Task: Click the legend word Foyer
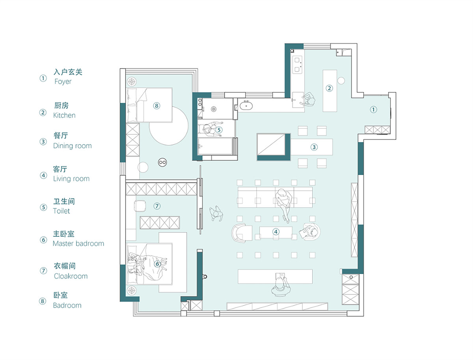click(x=63, y=82)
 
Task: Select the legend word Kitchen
click(x=64, y=115)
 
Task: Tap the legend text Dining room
click(x=73, y=146)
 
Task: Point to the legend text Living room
click(x=71, y=179)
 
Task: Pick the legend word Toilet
click(x=61, y=211)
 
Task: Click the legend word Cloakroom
click(x=71, y=276)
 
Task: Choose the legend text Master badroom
click(x=78, y=243)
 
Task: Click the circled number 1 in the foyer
click(x=373, y=109)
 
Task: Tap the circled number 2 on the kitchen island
click(x=329, y=88)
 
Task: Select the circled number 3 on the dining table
click(x=314, y=147)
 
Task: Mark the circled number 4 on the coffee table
click(x=276, y=232)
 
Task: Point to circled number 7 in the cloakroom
click(x=157, y=206)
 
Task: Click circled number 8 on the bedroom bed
click(x=156, y=106)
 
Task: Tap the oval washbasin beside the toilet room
click(x=246, y=106)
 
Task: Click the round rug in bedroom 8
click(x=169, y=126)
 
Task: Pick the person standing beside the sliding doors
click(x=216, y=213)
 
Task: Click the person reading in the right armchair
click(x=310, y=232)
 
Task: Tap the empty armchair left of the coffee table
click(x=241, y=233)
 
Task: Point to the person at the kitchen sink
click(x=309, y=99)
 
